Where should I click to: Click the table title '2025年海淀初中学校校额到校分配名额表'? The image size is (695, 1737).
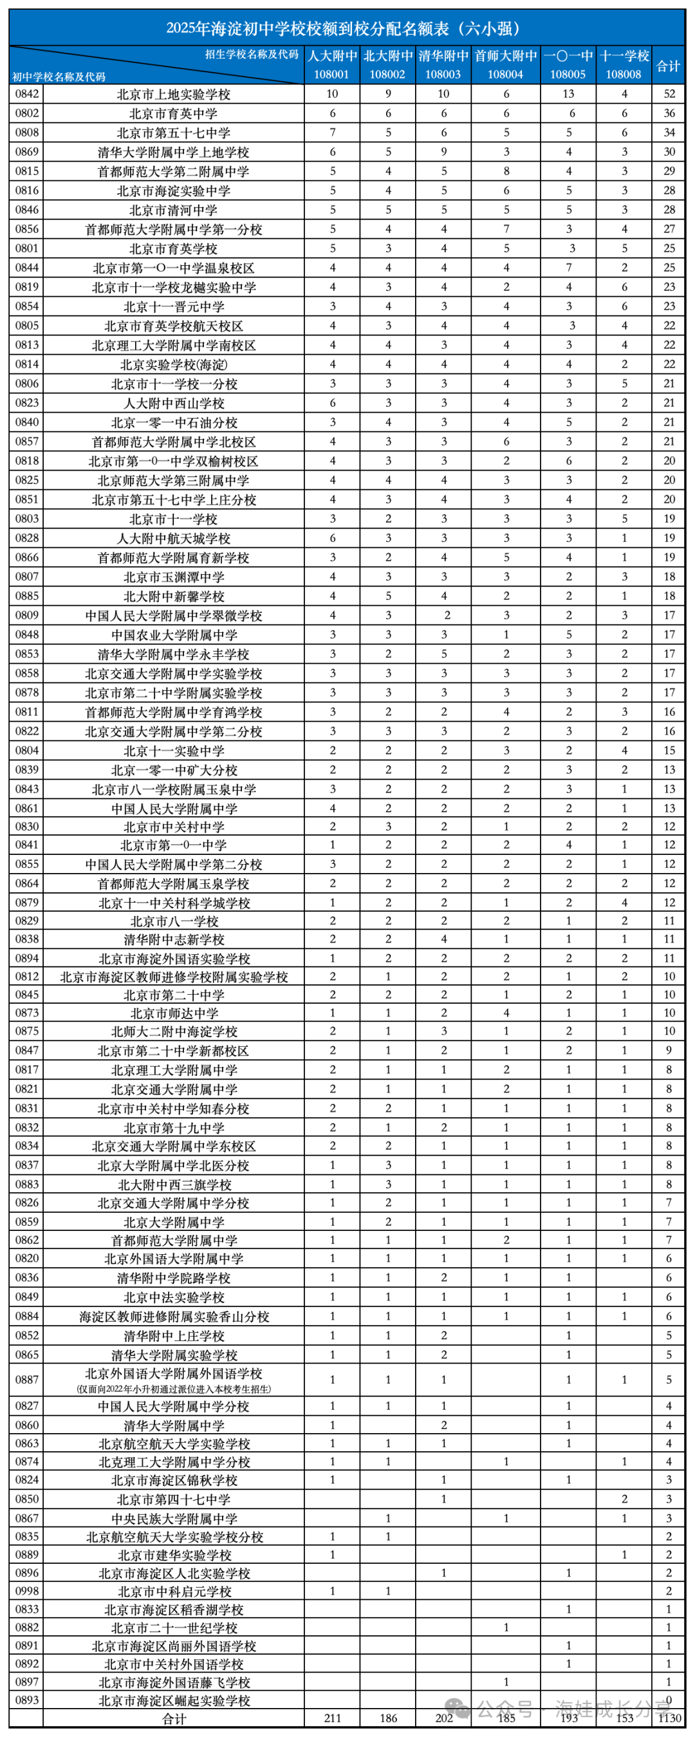(344, 28)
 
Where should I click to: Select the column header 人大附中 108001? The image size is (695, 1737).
(331, 65)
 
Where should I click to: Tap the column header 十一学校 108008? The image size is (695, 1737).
(624, 65)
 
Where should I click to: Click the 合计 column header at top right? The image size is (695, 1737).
(668, 66)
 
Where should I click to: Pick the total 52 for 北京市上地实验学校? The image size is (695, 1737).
(669, 94)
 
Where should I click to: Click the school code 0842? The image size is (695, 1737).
(27, 94)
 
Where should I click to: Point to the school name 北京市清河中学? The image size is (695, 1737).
(173, 211)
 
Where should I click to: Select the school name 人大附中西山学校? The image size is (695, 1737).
(173, 403)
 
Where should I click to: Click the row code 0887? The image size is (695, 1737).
(27, 1380)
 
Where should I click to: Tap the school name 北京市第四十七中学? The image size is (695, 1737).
(173, 1499)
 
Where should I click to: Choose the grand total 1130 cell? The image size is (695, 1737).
(668, 1718)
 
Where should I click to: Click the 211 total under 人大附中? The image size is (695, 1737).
(331, 1718)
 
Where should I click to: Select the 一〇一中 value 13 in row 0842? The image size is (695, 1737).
(568, 94)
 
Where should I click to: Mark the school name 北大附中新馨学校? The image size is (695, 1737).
(173, 596)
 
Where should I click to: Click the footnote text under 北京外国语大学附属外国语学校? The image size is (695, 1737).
(173, 1389)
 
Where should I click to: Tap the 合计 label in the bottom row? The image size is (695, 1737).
(173, 1718)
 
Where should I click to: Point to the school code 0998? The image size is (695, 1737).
(27, 1591)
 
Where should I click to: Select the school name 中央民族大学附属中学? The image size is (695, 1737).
(173, 1518)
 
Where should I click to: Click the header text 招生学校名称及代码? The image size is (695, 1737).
(252, 55)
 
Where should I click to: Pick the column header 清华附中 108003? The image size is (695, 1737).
(443, 65)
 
